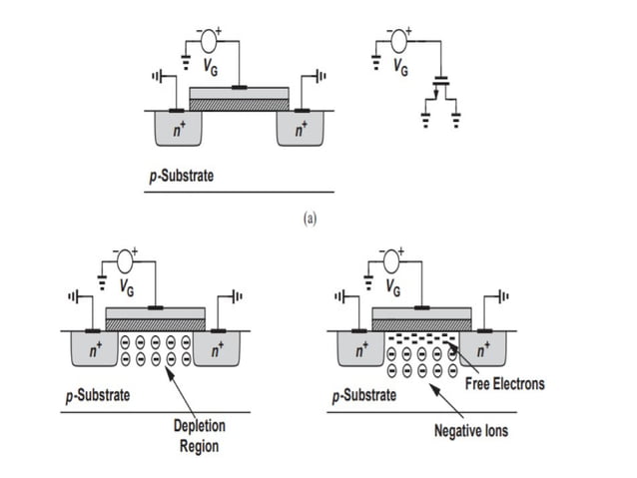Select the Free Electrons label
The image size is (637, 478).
pos(506,383)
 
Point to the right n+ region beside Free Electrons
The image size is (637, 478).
pos(482,350)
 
